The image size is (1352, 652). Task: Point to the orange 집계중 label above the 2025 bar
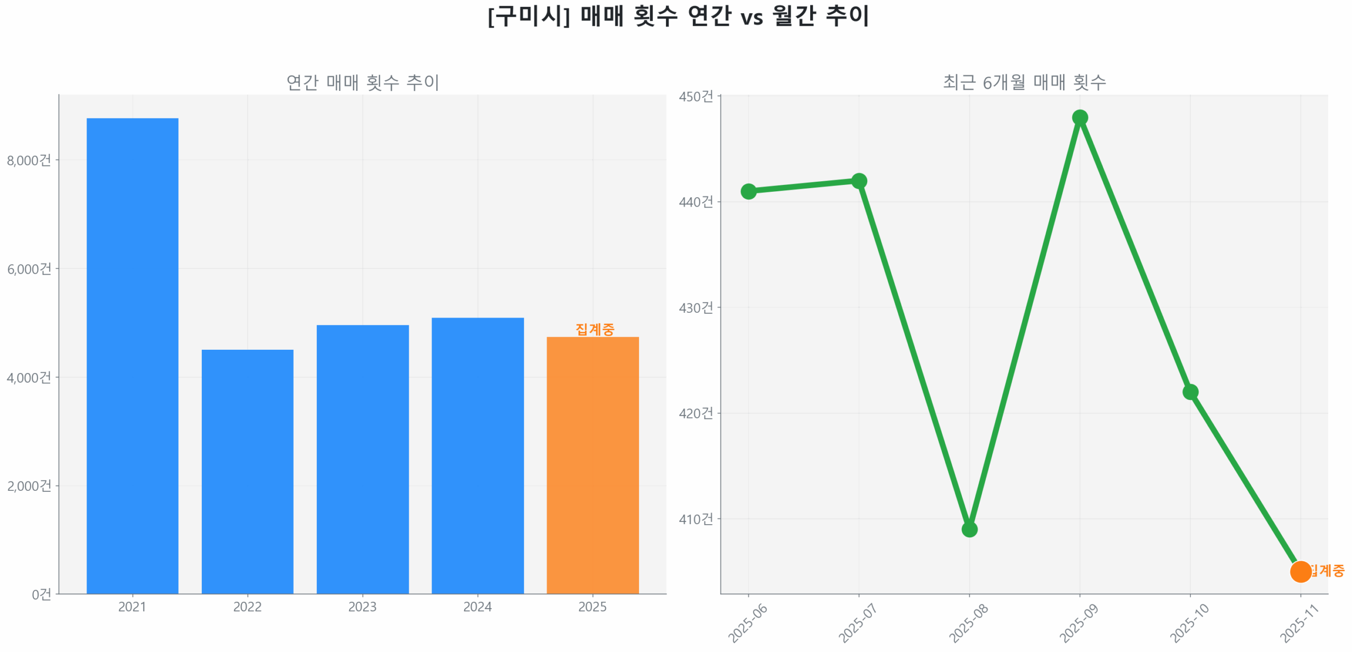pyautogui.click(x=595, y=329)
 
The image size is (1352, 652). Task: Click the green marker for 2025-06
pyautogui.click(x=748, y=191)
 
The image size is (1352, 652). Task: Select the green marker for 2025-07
pyautogui.click(x=859, y=181)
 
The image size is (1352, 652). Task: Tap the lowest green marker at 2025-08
pyautogui.click(x=969, y=529)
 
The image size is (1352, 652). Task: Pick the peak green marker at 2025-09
pyautogui.click(x=1079, y=117)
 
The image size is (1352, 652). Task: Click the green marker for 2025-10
pyautogui.click(x=1190, y=392)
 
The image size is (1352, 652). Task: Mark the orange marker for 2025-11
pyautogui.click(x=1300, y=571)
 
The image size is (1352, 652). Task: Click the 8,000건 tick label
pyautogui.click(x=29, y=160)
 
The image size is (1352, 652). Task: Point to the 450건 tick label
pyautogui.click(x=696, y=96)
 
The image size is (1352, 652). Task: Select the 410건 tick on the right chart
pyautogui.click(x=696, y=519)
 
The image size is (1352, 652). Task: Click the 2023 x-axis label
pyautogui.click(x=362, y=606)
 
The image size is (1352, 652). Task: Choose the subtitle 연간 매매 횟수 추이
pyautogui.click(x=362, y=82)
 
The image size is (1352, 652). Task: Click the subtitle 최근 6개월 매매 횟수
pyautogui.click(x=1024, y=82)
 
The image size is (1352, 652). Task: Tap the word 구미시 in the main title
pyautogui.click(x=528, y=16)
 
